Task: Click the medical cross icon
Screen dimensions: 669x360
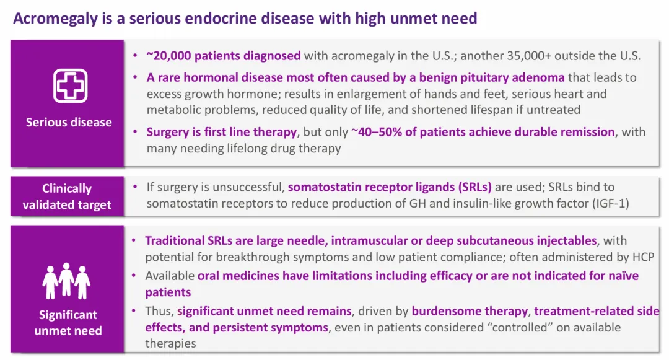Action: tap(71, 86)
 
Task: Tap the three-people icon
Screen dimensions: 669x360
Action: tap(66, 281)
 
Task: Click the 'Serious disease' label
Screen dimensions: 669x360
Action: tap(69, 123)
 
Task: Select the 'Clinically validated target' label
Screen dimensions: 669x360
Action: tap(67, 196)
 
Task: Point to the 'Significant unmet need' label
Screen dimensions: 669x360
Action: tap(68, 322)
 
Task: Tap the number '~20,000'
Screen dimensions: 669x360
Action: tap(168, 56)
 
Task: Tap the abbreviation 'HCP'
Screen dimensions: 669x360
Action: tap(642, 257)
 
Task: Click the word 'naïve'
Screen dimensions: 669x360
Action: tap(623, 276)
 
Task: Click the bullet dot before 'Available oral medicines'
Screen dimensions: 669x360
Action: tap(134, 276)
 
